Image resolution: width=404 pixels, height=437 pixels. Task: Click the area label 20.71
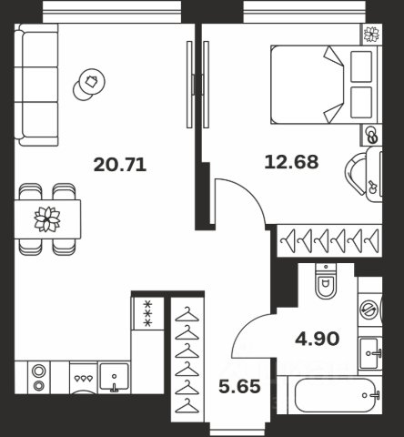[x=120, y=165]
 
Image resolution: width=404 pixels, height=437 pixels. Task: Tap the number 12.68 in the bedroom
[x=291, y=162]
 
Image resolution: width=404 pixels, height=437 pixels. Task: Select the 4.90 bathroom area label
[x=317, y=339]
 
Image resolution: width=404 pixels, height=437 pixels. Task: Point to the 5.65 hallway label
[x=239, y=387]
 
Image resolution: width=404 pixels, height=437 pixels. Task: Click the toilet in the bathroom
[x=326, y=281]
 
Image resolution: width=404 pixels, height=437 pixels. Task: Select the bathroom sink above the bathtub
[x=369, y=352]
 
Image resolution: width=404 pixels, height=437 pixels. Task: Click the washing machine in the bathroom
[x=369, y=309]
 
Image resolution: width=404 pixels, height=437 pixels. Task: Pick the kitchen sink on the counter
[x=115, y=377]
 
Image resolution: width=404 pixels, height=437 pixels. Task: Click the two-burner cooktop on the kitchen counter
[x=39, y=378]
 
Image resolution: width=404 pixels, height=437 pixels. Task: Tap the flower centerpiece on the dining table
[x=47, y=219]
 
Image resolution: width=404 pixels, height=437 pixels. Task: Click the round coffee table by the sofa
[x=89, y=84]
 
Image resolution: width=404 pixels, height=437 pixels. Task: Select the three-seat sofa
[x=36, y=85]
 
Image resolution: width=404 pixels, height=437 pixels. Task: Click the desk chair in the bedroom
[x=356, y=174]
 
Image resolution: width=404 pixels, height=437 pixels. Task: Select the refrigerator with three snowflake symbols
[x=147, y=314]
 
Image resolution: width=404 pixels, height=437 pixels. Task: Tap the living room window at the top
[x=112, y=12]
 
